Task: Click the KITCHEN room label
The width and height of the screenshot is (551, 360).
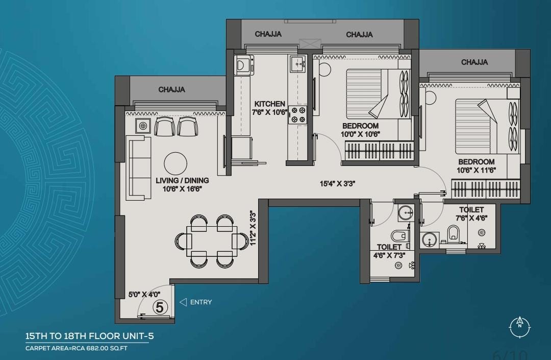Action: [x=269, y=104]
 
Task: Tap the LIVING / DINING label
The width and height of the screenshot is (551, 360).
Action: [x=182, y=180]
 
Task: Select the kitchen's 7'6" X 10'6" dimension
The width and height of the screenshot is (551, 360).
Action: [x=269, y=112]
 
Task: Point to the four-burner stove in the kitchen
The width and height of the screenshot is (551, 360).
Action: [x=297, y=115]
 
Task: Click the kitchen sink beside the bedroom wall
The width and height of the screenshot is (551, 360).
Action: [x=297, y=64]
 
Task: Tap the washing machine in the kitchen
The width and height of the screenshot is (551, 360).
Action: [x=243, y=65]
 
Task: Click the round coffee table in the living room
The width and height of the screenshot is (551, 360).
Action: [x=176, y=163]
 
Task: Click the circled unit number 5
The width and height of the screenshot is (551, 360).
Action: [x=160, y=307]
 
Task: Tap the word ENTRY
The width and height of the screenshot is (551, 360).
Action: [x=201, y=302]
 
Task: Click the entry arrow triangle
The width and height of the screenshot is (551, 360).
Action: [x=183, y=302]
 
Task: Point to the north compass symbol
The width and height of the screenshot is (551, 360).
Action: [x=520, y=327]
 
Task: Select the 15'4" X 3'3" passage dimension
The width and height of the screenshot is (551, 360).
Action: [x=337, y=183]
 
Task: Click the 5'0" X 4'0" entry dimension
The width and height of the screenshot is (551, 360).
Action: [x=144, y=295]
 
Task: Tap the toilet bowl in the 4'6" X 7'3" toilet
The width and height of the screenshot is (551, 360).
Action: [x=399, y=235]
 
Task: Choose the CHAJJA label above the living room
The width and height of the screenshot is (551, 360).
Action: [x=171, y=90]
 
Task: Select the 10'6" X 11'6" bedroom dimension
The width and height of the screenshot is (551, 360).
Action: [x=476, y=171]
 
